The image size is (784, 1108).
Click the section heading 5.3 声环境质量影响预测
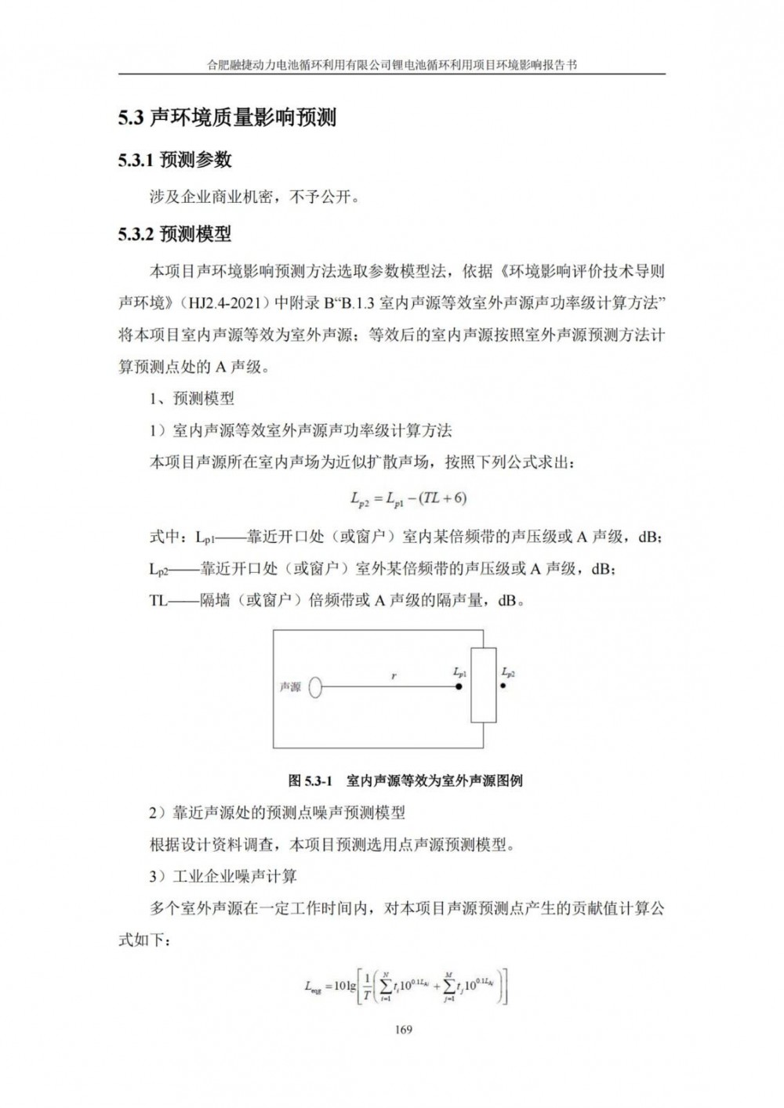(x=227, y=118)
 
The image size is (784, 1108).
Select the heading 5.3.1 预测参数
(x=175, y=160)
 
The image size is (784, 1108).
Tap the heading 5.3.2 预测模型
(x=175, y=234)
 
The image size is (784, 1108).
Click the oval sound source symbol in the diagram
(x=315, y=687)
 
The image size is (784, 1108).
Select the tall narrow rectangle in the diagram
(x=483, y=685)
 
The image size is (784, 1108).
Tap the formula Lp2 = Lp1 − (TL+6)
(x=408, y=498)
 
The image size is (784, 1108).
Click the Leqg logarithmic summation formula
(x=406, y=986)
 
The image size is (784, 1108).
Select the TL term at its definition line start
(x=158, y=602)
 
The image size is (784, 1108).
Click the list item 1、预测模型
(x=191, y=399)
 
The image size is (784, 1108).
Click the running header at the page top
(x=391, y=65)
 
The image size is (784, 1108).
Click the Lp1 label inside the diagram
(x=460, y=672)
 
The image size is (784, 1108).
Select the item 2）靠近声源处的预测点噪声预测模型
(x=277, y=813)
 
